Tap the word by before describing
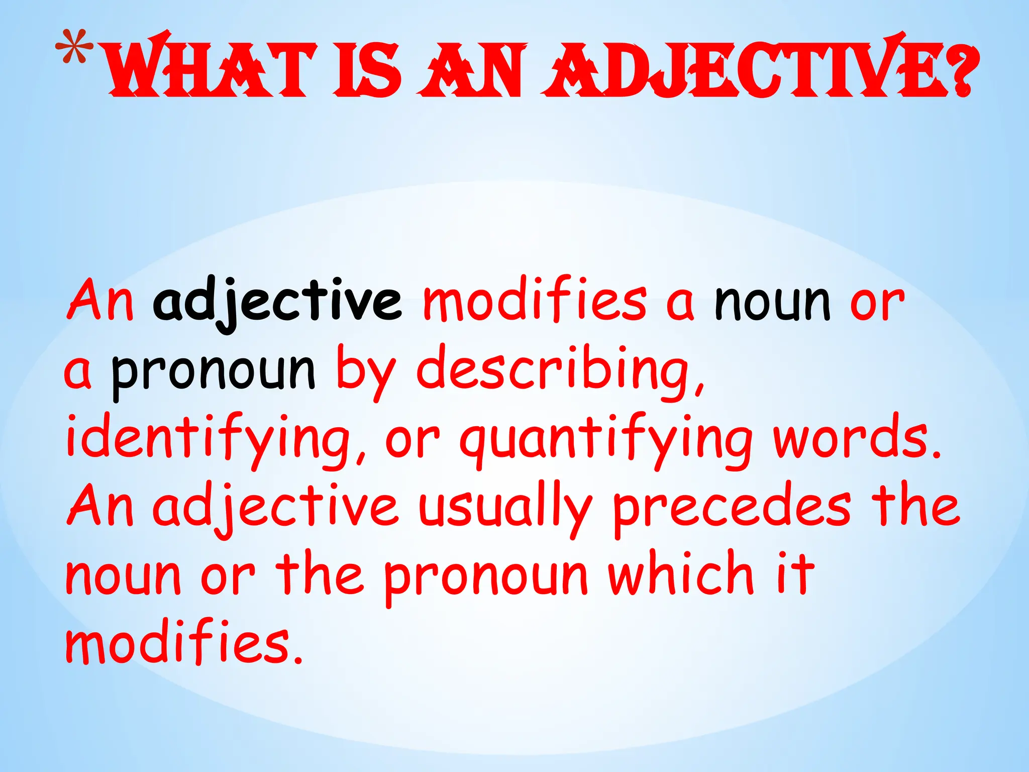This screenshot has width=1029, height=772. click(366, 372)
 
